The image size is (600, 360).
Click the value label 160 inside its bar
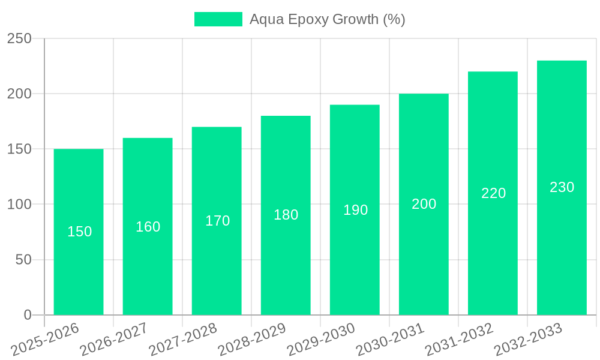[148, 227]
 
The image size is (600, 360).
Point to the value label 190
[355, 210]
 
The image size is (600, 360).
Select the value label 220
[493, 193]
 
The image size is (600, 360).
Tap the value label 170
[217, 221]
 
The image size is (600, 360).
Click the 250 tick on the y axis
[19, 38]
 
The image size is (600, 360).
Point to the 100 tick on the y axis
[19, 205]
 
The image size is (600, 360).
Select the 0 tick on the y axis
[27, 315]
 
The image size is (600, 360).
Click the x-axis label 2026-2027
[113, 340]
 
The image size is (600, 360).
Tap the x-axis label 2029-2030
[320, 340]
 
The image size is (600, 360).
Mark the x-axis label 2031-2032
[458, 340]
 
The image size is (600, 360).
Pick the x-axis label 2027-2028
[182, 340]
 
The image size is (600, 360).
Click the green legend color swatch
[218, 19]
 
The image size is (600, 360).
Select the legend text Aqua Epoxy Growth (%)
[327, 19]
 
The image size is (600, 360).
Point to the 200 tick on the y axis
[19, 94]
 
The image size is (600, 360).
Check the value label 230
[562, 187]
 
